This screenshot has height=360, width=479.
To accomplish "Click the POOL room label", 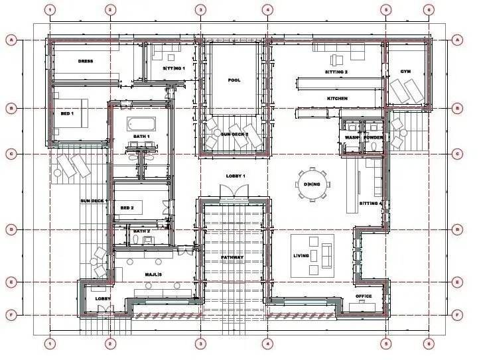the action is [x=234, y=80].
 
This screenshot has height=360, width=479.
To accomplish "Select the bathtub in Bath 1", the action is [x=141, y=124].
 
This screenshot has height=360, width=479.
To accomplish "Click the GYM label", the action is [x=405, y=72].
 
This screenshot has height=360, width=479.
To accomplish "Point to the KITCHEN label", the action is [x=337, y=99].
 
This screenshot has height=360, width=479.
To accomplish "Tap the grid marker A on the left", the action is [x=11, y=40].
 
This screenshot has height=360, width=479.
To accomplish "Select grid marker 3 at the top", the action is [x=200, y=10].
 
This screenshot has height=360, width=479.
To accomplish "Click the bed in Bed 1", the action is [x=71, y=113].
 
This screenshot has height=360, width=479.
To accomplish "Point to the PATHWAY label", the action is [x=232, y=257].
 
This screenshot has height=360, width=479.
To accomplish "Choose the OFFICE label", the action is [x=364, y=296].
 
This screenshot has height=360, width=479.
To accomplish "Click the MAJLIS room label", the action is [x=153, y=274].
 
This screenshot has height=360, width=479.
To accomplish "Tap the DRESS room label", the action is [x=86, y=61].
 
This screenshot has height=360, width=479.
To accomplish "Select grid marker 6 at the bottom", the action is [x=429, y=344].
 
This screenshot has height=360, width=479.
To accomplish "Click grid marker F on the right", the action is [x=457, y=315].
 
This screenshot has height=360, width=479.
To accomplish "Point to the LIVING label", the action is [x=301, y=255].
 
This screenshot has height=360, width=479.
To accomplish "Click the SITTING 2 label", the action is [x=336, y=72].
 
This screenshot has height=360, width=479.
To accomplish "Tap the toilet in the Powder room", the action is [x=374, y=147].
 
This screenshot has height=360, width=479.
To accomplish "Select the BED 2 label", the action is [x=127, y=208].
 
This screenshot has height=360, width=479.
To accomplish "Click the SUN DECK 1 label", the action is [x=94, y=201].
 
